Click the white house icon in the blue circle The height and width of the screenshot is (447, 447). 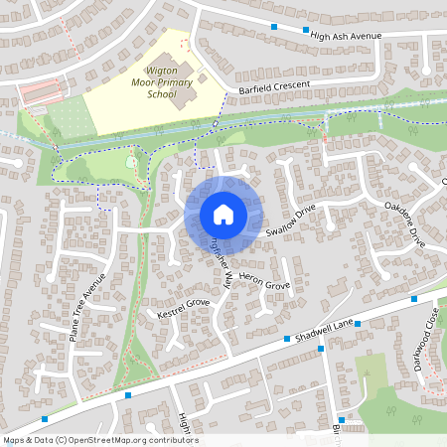click(x=223, y=215)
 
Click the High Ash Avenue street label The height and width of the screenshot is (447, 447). click(x=346, y=36)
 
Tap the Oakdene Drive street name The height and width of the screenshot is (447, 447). click(x=404, y=224)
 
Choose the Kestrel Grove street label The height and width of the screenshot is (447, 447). click(x=184, y=308)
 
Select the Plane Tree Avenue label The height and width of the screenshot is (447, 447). click(x=87, y=316)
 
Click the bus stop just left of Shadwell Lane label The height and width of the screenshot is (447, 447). click(x=287, y=339)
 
